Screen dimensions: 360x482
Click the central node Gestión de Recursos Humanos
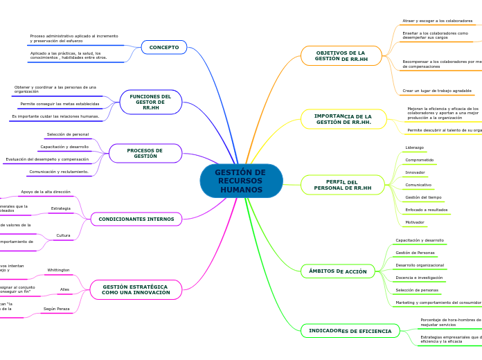coord(241,181)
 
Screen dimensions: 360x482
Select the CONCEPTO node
coord(164,47)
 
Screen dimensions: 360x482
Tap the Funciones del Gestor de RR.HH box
coord(150,102)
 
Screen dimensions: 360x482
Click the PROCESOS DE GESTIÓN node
coord(145,153)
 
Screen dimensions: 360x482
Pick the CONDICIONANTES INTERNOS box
coord(136,219)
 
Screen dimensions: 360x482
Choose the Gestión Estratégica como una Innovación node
coord(136,289)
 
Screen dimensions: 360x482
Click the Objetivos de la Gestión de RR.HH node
coord(341,55)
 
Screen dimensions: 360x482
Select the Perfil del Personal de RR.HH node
coord(342,185)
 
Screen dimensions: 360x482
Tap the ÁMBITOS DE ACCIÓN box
coord(337,271)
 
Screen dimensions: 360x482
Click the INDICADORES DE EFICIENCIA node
coord(350,331)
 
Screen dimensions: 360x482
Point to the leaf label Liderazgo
coord(415,147)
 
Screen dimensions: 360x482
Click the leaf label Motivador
coord(416,222)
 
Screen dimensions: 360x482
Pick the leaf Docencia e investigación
coord(419,278)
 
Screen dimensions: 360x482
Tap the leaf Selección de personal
coord(67,134)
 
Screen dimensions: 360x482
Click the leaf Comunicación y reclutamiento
coord(58,172)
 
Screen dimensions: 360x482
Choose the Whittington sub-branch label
coord(58,270)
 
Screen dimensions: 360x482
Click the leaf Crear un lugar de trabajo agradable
coord(436,91)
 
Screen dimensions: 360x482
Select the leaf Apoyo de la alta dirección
coord(45,192)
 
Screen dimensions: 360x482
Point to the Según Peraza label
coord(56,309)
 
